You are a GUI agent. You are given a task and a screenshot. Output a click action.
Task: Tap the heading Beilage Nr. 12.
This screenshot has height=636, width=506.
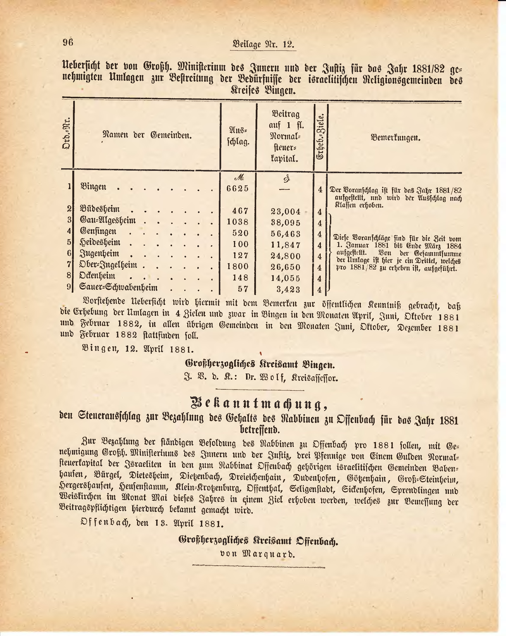263,44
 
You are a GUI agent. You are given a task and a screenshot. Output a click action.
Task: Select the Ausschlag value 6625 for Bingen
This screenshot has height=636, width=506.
238,188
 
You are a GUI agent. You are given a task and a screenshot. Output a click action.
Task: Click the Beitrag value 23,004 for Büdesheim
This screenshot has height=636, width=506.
285,211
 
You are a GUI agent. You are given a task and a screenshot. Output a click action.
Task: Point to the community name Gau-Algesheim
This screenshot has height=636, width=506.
108,220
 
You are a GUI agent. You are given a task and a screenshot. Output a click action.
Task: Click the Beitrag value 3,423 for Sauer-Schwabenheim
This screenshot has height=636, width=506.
288,289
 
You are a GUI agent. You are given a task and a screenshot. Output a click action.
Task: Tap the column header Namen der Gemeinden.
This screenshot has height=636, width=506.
147,135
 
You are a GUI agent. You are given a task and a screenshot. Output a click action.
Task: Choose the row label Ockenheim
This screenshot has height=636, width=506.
98,276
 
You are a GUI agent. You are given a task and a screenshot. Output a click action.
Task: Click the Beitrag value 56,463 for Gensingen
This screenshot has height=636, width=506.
285,234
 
